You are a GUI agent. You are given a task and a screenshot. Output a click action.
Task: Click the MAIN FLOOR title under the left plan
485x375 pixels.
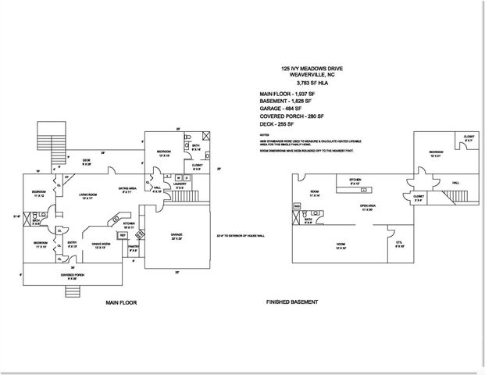click(x=120, y=300)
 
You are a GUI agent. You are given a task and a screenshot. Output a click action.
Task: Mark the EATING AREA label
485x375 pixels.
click(x=128, y=187)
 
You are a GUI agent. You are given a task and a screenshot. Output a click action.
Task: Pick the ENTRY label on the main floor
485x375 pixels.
click(x=73, y=243)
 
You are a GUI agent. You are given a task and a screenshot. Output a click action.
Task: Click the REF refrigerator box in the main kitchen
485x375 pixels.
click(x=123, y=234)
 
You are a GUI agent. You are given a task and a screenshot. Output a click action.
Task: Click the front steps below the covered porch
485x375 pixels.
click(x=73, y=291)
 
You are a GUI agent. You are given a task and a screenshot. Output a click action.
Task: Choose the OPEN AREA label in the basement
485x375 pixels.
click(x=369, y=207)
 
